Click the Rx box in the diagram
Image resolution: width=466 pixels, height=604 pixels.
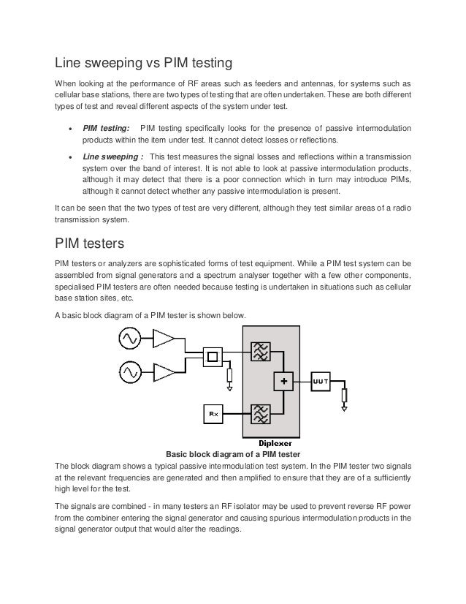pyautogui.click(x=213, y=415)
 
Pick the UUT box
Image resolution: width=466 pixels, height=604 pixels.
pyautogui.click(x=320, y=381)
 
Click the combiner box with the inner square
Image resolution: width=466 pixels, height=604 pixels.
pyautogui.click(x=213, y=357)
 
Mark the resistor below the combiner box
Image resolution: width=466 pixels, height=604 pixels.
pyautogui.click(x=231, y=375)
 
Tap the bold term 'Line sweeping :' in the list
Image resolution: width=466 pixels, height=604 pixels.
pyautogui.click(x=112, y=156)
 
